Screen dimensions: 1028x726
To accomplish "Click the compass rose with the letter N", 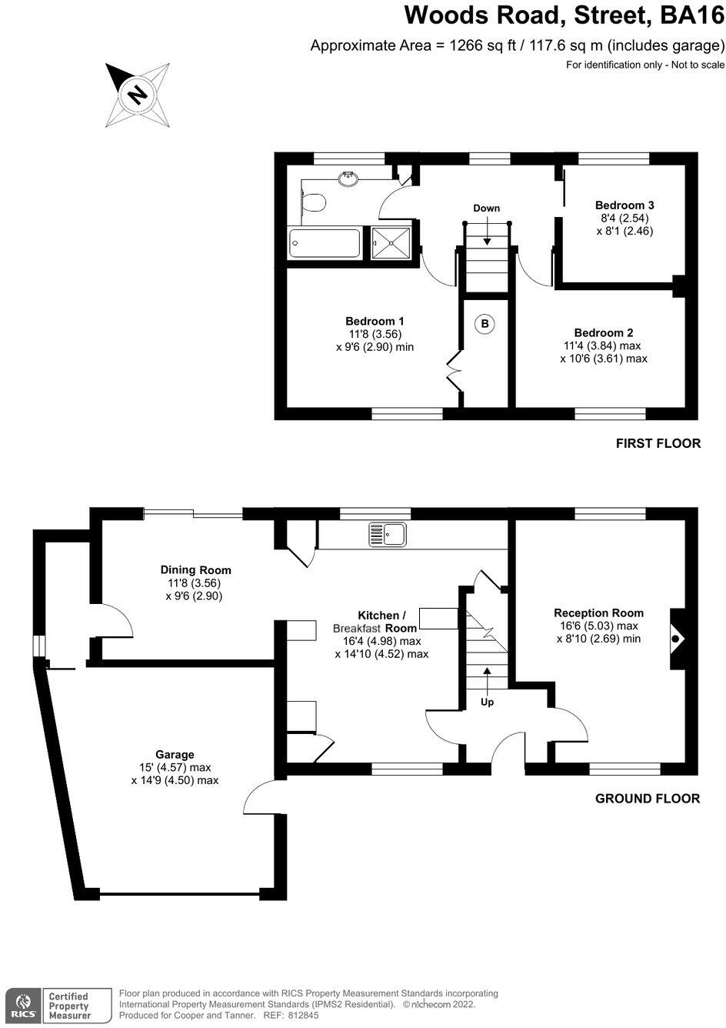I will click(x=138, y=95).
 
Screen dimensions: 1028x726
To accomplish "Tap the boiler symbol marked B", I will click(x=485, y=324).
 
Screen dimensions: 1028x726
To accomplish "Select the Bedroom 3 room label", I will click(x=624, y=205).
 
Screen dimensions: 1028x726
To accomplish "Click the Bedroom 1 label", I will click(x=375, y=321).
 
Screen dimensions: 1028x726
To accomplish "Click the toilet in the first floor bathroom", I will click(x=315, y=203).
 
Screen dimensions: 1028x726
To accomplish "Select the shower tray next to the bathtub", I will click(x=391, y=244).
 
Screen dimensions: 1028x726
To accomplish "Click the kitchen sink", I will click(x=388, y=533).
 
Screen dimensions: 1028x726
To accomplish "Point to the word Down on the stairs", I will click(x=486, y=209).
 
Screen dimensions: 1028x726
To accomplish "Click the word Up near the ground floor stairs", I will click(x=487, y=702).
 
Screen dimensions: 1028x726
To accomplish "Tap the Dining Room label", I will click(x=195, y=570).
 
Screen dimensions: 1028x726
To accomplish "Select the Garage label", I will click(x=175, y=755).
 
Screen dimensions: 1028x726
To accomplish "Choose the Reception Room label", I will click(x=598, y=613).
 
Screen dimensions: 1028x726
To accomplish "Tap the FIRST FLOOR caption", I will click(x=658, y=443).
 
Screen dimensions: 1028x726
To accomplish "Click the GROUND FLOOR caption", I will click(x=648, y=799).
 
